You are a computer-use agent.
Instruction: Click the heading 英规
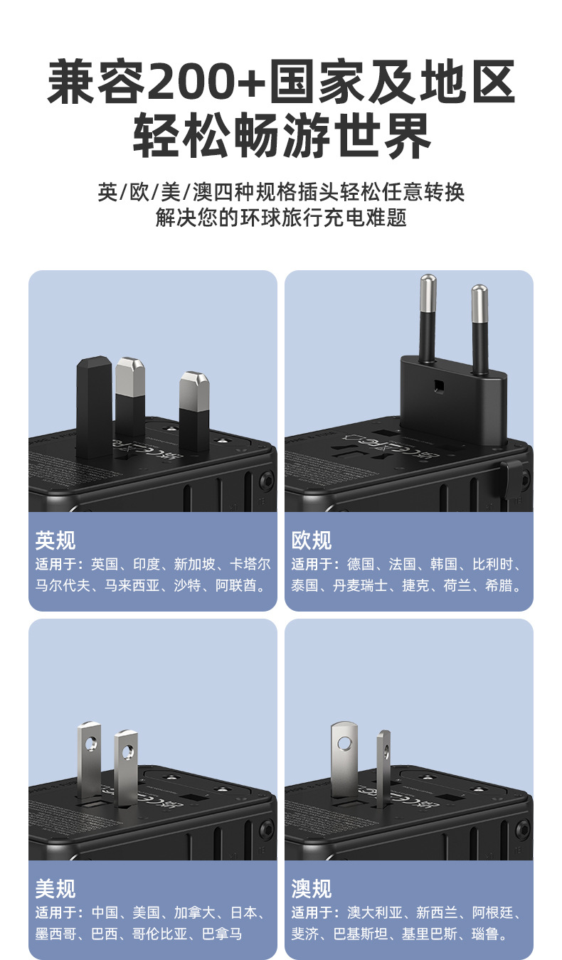(55, 540)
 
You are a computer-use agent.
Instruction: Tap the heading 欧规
(312, 540)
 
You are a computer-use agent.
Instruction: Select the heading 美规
(55, 889)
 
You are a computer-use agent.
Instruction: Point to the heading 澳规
(312, 889)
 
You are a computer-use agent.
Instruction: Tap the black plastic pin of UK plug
(94, 405)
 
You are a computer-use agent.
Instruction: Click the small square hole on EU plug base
(439, 387)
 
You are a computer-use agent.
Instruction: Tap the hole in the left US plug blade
(90, 743)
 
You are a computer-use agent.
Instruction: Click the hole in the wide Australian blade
(344, 743)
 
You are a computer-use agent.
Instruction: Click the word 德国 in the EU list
(361, 565)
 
